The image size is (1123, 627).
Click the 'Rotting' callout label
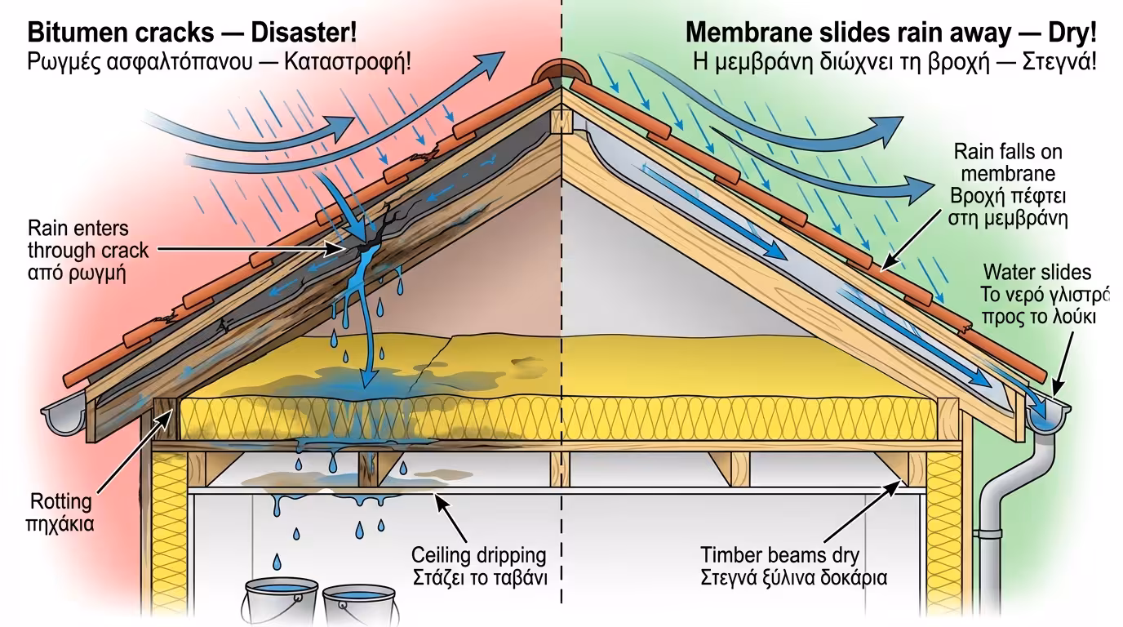tap(61, 500)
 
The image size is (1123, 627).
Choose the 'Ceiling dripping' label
tap(478, 555)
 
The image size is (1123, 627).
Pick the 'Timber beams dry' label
tap(779, 555)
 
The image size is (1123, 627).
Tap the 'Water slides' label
tap(1036, 273)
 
